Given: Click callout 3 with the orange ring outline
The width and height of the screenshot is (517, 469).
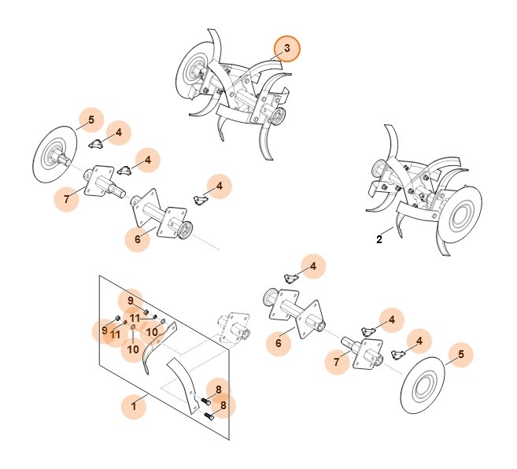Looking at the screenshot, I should pyautogui.click(x=287, y=49).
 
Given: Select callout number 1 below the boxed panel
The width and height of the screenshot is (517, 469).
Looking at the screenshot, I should pyautogui.click(x=135, y=406).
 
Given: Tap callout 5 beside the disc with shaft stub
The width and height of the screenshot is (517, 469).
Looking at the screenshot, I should pyautogui.click(x=91, y=120).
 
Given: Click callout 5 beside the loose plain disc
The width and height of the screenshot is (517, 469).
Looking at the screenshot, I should pyautogui.click(x=461, y=355).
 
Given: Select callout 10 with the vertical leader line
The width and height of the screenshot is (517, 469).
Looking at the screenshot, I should pyautogui.click(x=133, y=349).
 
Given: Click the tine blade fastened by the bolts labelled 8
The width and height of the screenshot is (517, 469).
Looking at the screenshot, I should pyautogui.click(x=183, y=382).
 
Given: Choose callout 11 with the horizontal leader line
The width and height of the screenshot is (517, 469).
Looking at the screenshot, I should pyautogui.click(x=135, y=318).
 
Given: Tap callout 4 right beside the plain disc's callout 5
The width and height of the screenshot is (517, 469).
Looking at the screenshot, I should pyautogui.click(x=419, y=341).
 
